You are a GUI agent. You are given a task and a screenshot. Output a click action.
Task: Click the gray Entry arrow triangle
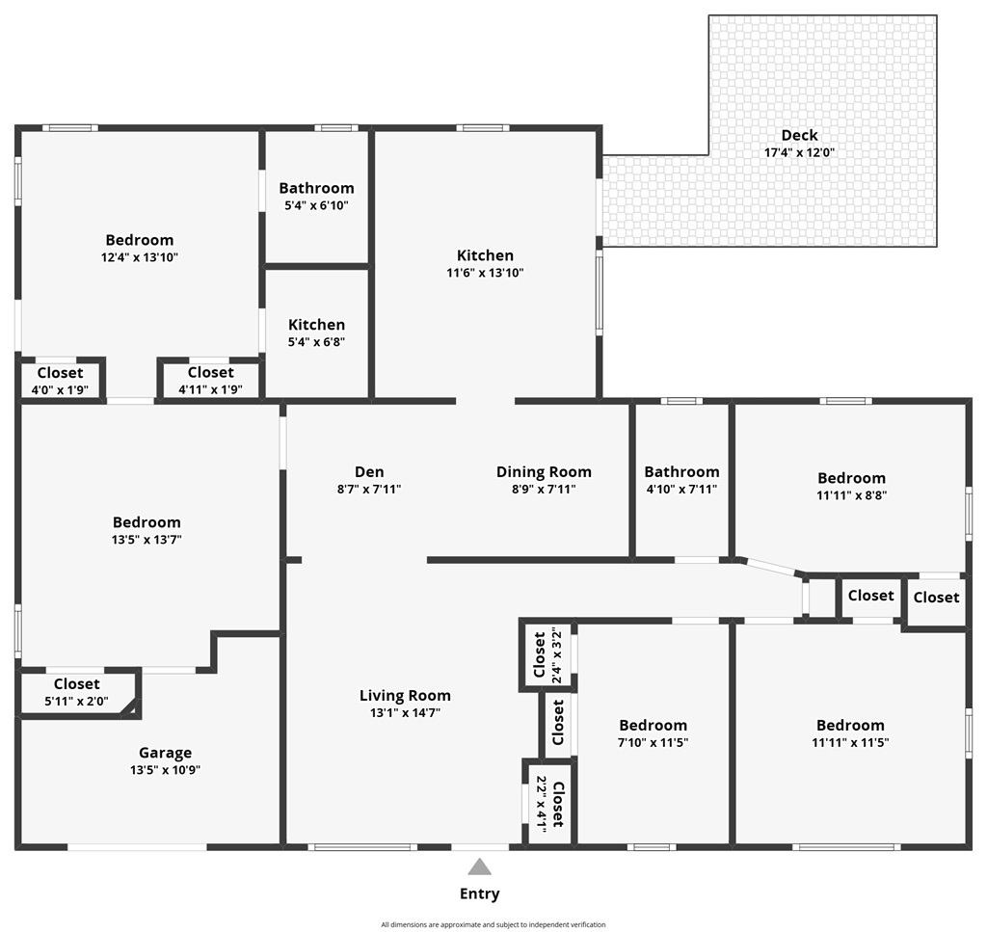click(479, 866)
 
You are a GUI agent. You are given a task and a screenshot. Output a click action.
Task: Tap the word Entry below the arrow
click(479, 893)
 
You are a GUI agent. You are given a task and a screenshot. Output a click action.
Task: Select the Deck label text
click(799, 135)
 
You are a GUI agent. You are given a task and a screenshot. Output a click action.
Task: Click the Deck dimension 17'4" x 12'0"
click(799, 152)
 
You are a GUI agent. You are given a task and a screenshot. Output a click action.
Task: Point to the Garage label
click(165, 753)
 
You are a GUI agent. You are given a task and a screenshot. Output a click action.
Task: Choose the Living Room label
click(405, 695)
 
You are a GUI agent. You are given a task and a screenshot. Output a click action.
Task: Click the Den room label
click(369, 471)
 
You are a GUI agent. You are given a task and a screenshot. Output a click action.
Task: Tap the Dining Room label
click(544, 471)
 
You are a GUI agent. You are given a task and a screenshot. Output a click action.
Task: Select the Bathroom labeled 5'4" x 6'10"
click(316, 188)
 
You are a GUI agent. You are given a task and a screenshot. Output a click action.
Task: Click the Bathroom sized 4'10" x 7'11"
click(681, 471)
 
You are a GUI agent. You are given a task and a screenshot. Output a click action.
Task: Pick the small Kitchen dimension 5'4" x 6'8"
click(316, 342)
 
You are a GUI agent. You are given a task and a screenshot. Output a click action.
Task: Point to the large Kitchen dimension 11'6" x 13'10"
click(485, 273)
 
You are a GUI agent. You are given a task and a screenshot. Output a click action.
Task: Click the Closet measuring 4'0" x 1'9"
click(60, 373)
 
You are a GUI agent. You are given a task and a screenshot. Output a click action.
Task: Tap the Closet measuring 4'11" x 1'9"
click(210, 373)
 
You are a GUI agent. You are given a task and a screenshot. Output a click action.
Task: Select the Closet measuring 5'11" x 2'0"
click(76, 684)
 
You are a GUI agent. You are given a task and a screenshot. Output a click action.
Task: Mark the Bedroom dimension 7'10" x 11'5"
click(653, 743)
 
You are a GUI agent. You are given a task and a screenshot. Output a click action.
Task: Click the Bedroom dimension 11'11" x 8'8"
click(851, 495)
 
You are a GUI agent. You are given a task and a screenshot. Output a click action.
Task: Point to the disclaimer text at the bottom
click(493, 924)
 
